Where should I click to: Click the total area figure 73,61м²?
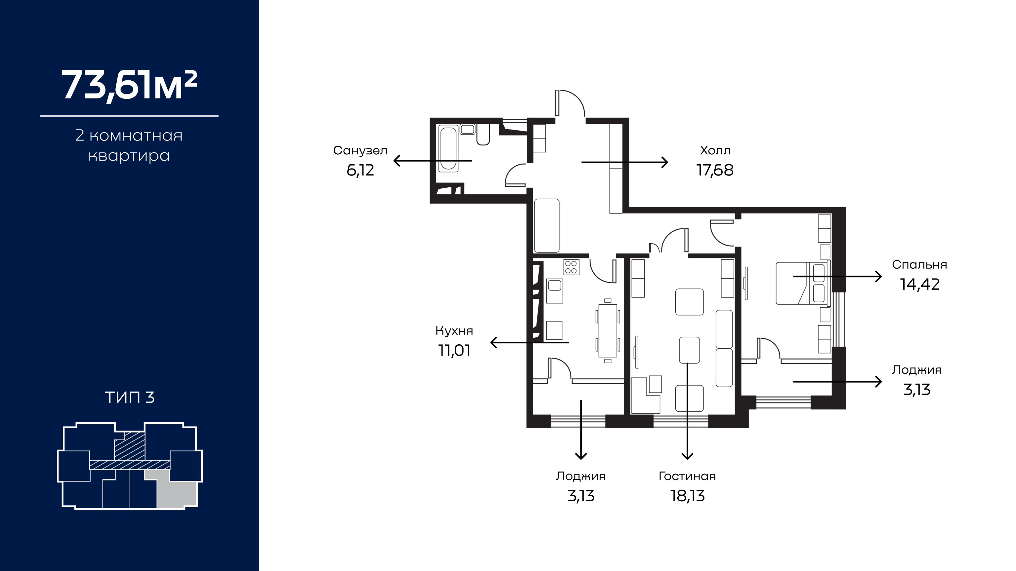pyautogui.click(x=129, y=86)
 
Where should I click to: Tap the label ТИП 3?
pyautogui.click(x=130, y=397)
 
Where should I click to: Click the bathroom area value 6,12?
pyautogui.click(x=360, y=170)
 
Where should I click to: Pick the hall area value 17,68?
pyautogui.click(x=715, y=170)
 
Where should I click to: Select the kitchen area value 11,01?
pyautogui.click(x=454, y=350)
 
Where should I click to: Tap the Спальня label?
pyautogui.click(x=919, y=264)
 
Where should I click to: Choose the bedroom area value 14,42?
pyautogui.click(x=920, y=285)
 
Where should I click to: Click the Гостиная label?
pyautogui.click(x=687, y=476)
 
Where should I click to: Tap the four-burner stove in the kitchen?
pyautogui.click(x=571, y=267)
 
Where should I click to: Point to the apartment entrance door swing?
pyautogui.click(x=574, y=98)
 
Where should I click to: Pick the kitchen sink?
pyautogui.click(x=555, y=291)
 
